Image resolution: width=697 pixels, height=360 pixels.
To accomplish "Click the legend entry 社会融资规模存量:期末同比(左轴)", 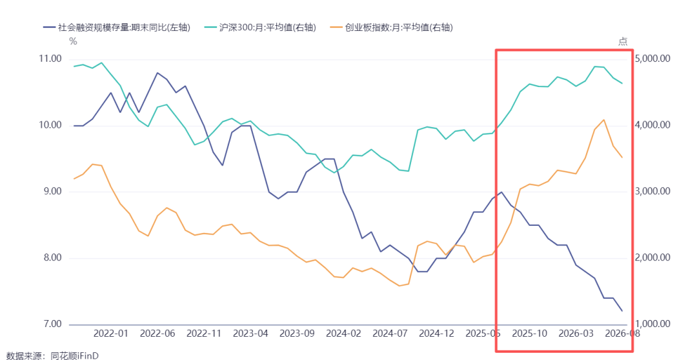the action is [117, 28].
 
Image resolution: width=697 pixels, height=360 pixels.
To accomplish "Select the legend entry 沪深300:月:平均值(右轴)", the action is [261, 28].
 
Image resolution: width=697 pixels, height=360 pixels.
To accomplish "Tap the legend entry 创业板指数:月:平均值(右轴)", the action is [392, 28].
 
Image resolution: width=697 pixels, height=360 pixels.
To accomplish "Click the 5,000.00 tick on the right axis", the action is [652, 59].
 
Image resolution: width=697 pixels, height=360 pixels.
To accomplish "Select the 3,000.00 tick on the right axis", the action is [652, 192].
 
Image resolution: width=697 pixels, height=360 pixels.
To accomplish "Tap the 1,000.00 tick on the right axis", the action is [652, 324].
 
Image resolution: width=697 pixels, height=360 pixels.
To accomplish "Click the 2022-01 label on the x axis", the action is [111, 334].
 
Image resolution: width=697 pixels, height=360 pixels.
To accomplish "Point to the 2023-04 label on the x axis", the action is [250, 334].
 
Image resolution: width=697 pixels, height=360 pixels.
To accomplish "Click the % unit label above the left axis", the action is [74, 42].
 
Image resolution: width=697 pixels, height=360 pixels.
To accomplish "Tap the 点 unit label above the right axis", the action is [623, 42].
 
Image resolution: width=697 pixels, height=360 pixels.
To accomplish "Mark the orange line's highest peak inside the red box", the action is [603, 119].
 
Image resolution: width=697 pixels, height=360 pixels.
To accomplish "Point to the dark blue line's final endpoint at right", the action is [622, 311].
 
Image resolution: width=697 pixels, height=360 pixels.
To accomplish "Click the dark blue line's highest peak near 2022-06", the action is [157, 72].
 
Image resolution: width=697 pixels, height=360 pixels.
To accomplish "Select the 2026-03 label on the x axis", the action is [576, 334].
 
